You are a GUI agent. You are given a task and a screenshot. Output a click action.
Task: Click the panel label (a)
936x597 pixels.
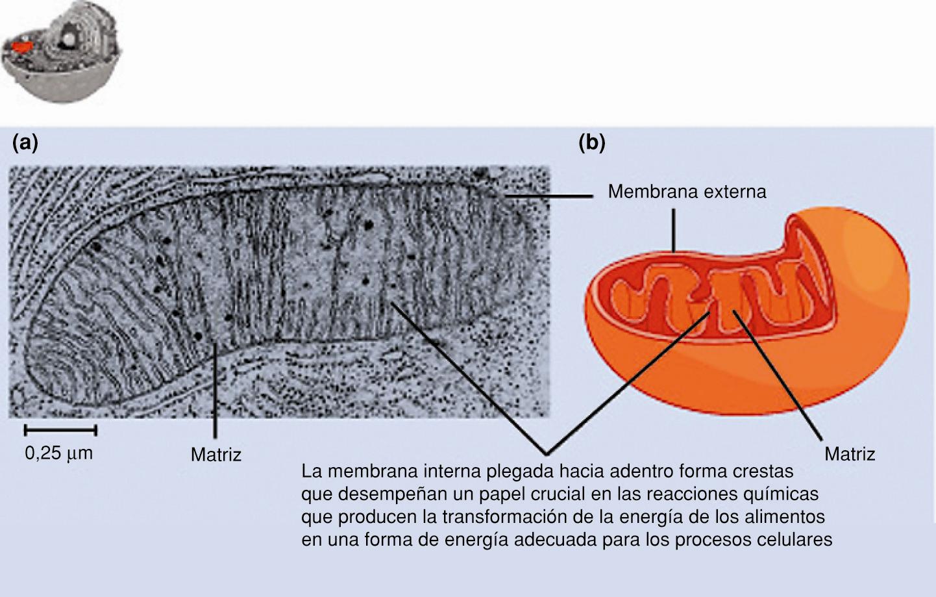click(25, 142)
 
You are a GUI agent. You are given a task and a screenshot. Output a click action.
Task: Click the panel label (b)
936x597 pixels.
click(591, 142)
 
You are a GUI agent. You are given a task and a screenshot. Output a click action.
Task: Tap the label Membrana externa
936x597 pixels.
click(687, 192)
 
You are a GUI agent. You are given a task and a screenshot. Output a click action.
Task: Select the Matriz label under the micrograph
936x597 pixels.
click(216, 455)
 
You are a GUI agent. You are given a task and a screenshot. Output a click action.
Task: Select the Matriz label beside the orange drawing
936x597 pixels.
click(849, 453)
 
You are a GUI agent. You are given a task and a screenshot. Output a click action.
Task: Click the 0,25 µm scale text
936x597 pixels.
click(58, 453)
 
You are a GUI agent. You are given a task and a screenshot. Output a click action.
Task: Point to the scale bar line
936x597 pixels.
click(60, 430)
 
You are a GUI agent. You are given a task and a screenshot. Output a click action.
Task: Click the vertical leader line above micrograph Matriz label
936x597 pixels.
click(215, 390)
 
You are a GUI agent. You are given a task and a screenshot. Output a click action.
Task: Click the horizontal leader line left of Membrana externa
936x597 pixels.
click(549, 195)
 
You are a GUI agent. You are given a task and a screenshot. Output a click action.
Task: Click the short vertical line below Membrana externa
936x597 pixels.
click(674, 230)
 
